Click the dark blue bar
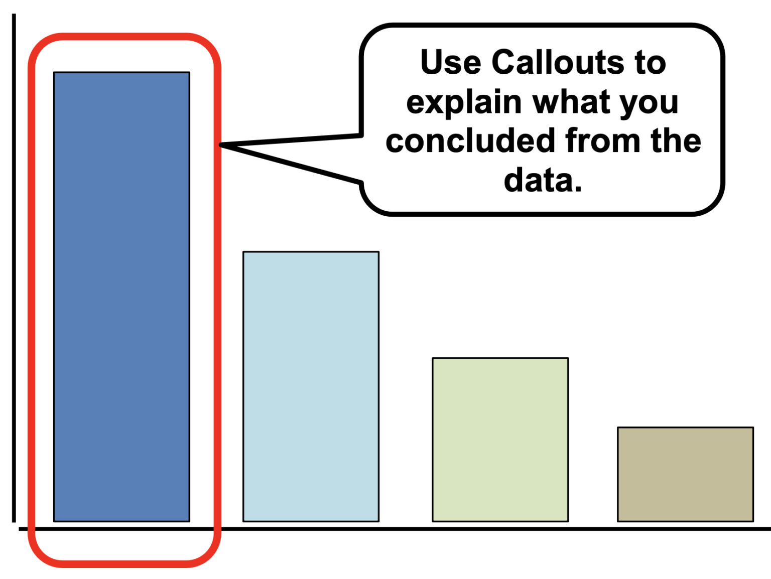(x=121, y=297)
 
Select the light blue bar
(x=311, y=386)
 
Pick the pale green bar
(x=500, y=440)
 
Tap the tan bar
(x=685, y=474)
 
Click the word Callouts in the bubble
(x=557, y=63)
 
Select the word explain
(x=464, y=103)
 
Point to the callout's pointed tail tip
(x=221, y=145)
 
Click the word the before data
(x=676, y=141)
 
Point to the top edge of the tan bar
(x=685, y=427)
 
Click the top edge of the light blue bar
(x=311, y=252)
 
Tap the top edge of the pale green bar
(x=500, y=358)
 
